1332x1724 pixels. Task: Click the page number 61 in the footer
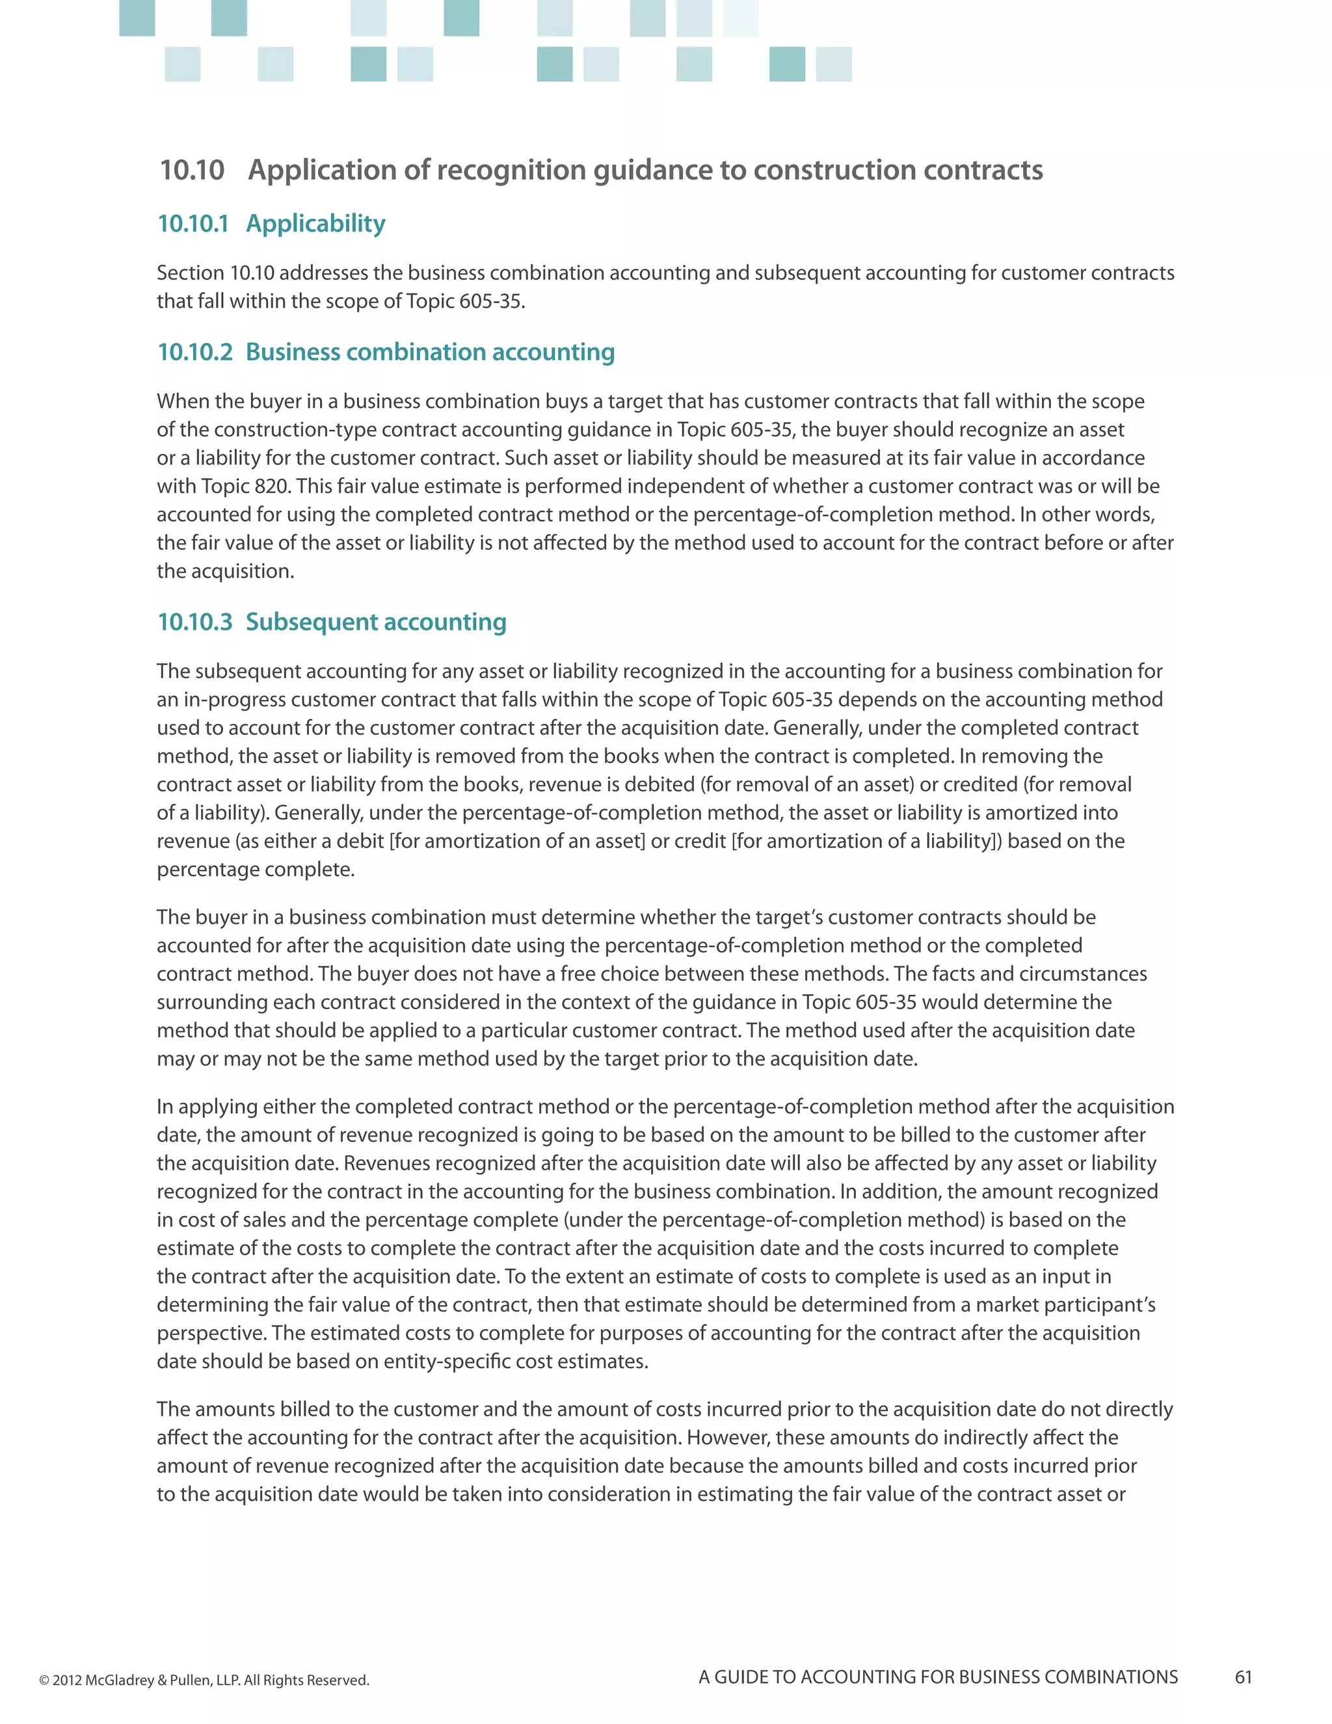click(1243, 1677)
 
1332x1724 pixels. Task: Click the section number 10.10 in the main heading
click(192, 170)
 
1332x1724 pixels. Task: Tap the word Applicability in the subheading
click(315, 224)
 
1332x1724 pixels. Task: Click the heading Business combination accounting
click(430, 352)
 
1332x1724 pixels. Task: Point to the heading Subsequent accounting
click(376, 622)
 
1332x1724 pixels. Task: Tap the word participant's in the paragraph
click(1099, 1305)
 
